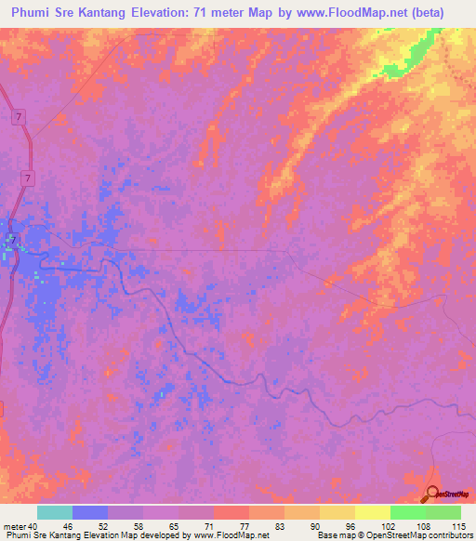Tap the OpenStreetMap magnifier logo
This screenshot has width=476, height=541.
(433, 493)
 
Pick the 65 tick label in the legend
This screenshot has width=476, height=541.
(178, 526)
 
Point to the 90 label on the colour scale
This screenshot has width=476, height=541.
(320, 526)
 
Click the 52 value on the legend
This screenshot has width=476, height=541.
(108, 526)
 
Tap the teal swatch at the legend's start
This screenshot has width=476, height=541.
(55, 512)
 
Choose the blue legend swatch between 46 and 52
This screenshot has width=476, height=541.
(90, 512)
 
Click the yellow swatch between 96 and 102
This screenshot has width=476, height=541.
(372, 512)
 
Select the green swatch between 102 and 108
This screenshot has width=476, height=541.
(407, 512)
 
